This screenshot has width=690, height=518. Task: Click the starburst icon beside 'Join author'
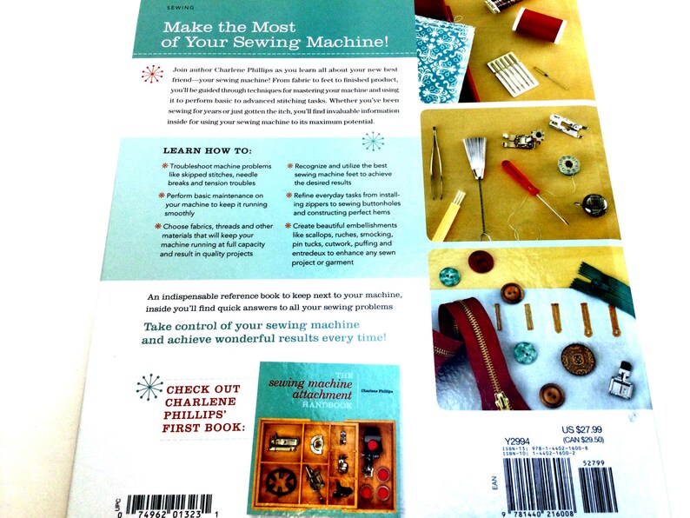pyautogui.click(x=151, y=73)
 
